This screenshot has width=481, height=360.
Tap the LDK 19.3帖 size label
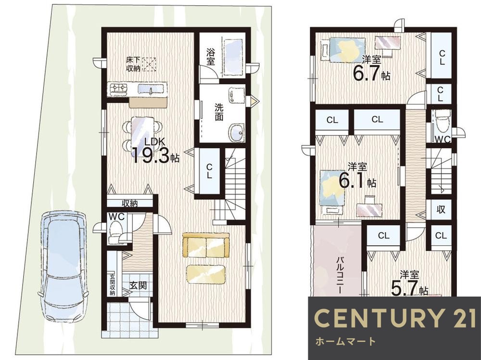[x=155, y=151]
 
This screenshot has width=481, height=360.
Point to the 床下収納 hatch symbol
[x=149, y=64]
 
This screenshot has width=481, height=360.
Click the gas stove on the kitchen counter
[x=119, y=88]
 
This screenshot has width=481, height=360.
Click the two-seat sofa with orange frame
[x=206, y=245]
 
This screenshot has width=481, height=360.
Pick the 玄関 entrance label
[x=138, y=286]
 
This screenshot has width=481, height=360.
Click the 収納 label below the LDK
[x=130, y=203]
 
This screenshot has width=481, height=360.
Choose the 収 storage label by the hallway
[x=441, y=210]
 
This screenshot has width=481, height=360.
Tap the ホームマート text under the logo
[x=345, y=341]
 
